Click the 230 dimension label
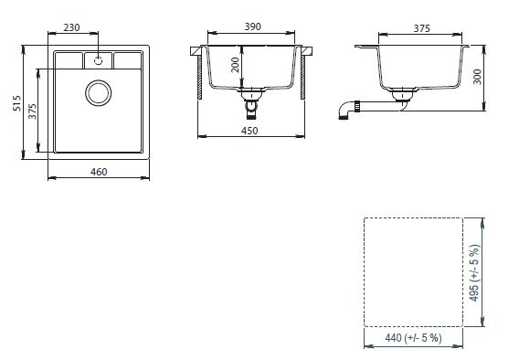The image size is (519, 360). (72, 27)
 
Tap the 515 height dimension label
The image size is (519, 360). (16, 103)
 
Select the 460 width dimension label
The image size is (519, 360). (99, 172)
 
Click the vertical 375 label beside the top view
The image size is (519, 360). (32, 111)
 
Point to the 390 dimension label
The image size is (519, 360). (252, 26)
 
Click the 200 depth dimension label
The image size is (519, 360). (235, 65)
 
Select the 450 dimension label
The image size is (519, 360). (249, 131)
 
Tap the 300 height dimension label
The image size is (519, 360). (477, 77)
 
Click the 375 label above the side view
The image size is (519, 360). (422, 28)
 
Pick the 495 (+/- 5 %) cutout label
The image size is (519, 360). (474, 273)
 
